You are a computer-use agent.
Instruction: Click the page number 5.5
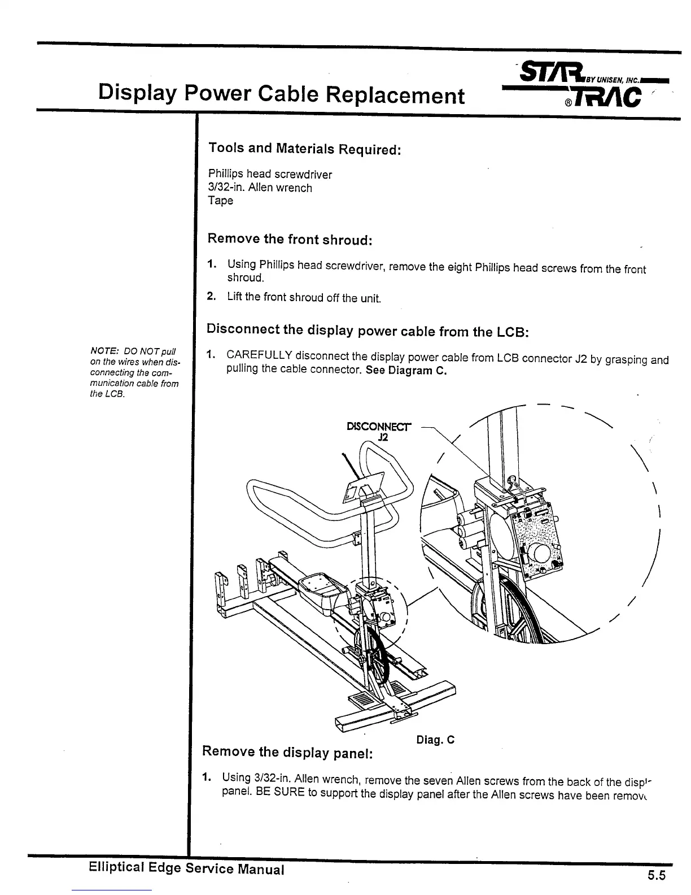coord(657,876)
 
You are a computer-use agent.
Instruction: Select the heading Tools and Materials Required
coord(305,149)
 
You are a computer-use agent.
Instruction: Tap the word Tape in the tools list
coord(220,201)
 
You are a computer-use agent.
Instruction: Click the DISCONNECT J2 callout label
coord(379,431)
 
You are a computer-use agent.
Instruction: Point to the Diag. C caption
coord(435,740)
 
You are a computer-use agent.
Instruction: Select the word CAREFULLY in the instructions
coord(259,355)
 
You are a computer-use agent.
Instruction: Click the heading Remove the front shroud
coord(290,239)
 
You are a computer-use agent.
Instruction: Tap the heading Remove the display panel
coord(288,752)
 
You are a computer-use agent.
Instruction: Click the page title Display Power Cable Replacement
coord(281,94)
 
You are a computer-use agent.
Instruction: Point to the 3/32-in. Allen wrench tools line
coord(260,188)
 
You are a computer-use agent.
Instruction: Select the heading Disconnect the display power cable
coord(368,330)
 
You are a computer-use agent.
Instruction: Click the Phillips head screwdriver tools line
coord(270,174)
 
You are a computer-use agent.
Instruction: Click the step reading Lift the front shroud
coord(304,297)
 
